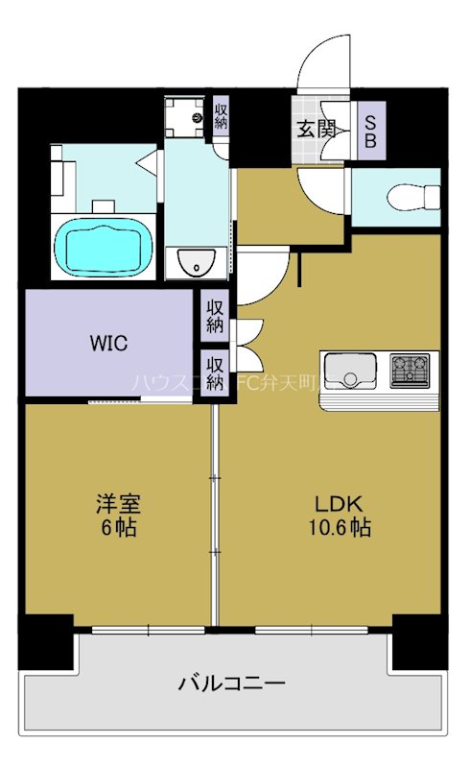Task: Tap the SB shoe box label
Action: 370,130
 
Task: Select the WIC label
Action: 108,343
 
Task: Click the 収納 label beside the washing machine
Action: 221,117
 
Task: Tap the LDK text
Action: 335,503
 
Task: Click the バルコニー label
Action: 231,684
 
